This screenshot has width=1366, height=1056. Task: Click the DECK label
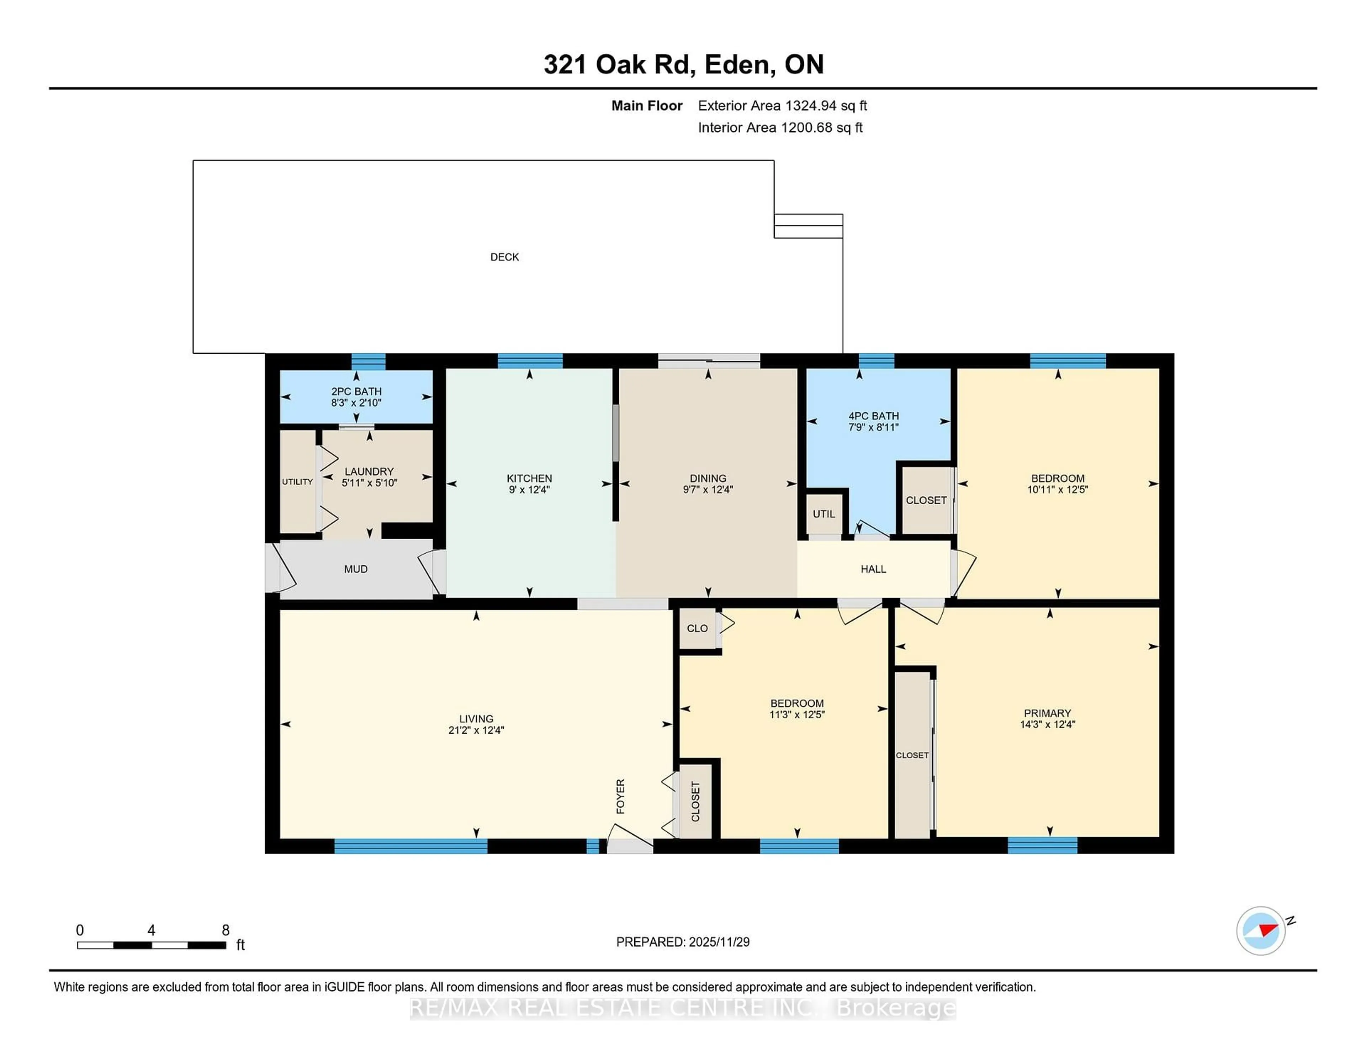point(504,257)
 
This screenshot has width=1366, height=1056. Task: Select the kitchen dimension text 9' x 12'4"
point(529,490)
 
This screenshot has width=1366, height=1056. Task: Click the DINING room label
point(708,478)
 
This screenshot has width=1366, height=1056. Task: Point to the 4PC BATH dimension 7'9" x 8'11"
point(873,427)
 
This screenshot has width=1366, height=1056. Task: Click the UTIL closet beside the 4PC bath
point(824,514)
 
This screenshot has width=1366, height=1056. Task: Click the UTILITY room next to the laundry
point(297,482)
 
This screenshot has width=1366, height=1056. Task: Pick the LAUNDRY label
point(369,471)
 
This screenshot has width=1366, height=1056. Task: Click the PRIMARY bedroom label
point(1047,713)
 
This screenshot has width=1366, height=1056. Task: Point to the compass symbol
point(1260,930)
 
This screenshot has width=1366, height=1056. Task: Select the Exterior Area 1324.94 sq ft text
point(782,106)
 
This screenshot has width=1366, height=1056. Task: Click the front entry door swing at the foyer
point(629,838)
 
